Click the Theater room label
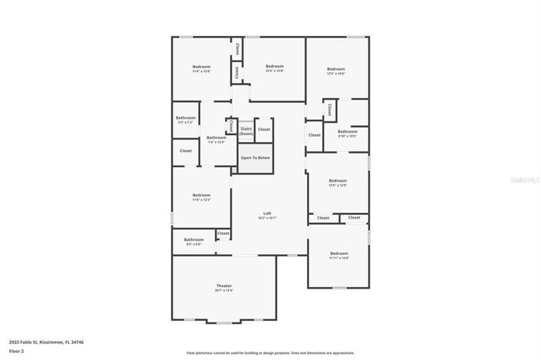pos(223,287)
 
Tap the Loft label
pos(267,214)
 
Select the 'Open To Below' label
pos(255,157)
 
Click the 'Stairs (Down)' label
pos(246,131)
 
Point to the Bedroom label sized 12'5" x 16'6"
pos(336,71)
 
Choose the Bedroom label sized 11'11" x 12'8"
pos(338,255)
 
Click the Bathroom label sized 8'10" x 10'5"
pos(348,133)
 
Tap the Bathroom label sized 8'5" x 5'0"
pos(193,241)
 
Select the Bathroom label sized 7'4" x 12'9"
pos(216,139)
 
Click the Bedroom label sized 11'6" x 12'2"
pos(201,197)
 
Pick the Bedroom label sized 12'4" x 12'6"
pos(275,68)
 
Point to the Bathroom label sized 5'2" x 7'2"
pos(186,119)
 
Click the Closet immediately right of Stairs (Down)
pos(263,129)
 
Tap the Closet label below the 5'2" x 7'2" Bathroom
pos(186,150)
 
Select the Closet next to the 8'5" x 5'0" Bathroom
pos(223,233)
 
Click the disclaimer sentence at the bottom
pos(269,353)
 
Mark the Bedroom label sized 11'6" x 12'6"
pos(201,68)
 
